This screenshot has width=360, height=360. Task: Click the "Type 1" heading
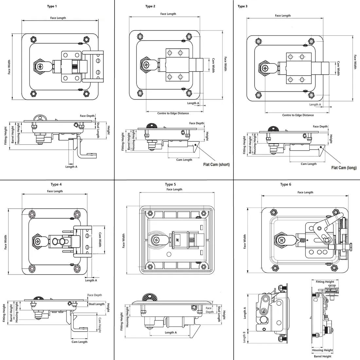(x=52, y=7)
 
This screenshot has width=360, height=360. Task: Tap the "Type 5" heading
(x=171, y=185)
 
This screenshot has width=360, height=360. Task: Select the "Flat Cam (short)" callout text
(x=216, y=165)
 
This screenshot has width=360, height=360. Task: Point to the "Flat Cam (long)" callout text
(x=344, y=168)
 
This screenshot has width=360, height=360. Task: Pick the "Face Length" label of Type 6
(x=305, y=192)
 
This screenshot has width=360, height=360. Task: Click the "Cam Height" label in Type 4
(x=100, y=325)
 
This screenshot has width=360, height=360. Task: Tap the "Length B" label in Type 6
(x=244, y=337)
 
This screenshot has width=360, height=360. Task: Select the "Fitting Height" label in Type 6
(x=325, y=282)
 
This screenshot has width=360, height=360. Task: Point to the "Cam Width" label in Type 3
(x=338, y=68)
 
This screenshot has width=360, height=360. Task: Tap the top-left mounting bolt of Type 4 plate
(x=32, y=214)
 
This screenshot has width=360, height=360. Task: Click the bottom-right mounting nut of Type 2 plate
(x=189, y=94)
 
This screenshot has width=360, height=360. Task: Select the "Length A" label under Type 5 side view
(x=171, y=333)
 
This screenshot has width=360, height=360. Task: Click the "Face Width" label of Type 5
(x=123, y=241)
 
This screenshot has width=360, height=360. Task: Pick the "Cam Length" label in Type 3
(x=309, y=164)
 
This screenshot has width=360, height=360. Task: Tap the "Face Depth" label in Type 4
(x=95, y=295)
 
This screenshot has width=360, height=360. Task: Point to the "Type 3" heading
(x=243, y=7)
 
